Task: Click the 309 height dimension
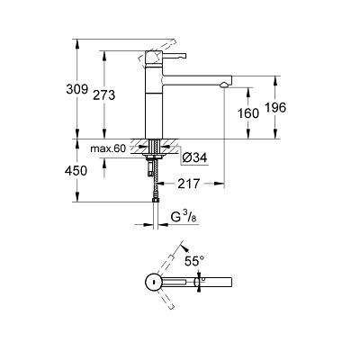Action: point(76,89)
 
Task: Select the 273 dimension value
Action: point(104,95)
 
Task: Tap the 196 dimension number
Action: point(275,108)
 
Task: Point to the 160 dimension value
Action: point(247,113)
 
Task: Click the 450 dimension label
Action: point(76,171)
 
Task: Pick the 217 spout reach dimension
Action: point(189,184)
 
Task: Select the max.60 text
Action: point(108,148)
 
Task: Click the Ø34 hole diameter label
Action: point(195,157)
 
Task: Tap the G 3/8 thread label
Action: point(184,217)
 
